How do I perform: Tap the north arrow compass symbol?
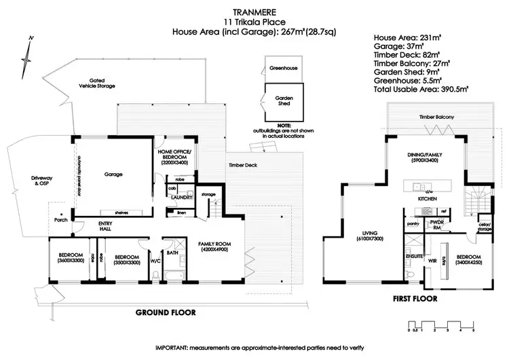tap(26, 58)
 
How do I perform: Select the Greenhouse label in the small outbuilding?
tap(283, 67)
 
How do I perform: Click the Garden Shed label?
tap(284, 100)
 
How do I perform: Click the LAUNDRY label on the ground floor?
tap(182, 198)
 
